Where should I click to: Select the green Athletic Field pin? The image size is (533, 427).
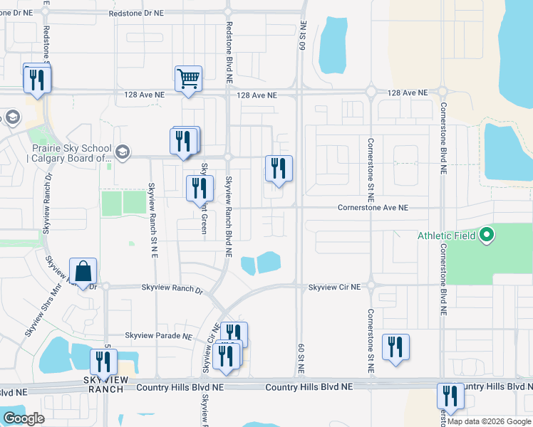point(487,234)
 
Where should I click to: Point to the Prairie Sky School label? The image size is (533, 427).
point(68,152)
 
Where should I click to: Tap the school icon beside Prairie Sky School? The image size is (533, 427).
point(123,152)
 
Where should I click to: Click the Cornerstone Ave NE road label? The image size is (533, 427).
point(373,208)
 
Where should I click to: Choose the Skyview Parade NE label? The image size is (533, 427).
point(159,336)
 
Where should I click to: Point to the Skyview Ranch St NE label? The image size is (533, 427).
point(152,211)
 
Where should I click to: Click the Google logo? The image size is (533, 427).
point(24,418)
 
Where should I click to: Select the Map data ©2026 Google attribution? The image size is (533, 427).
point(489,421)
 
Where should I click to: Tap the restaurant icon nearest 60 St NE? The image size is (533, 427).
point(279,169)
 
